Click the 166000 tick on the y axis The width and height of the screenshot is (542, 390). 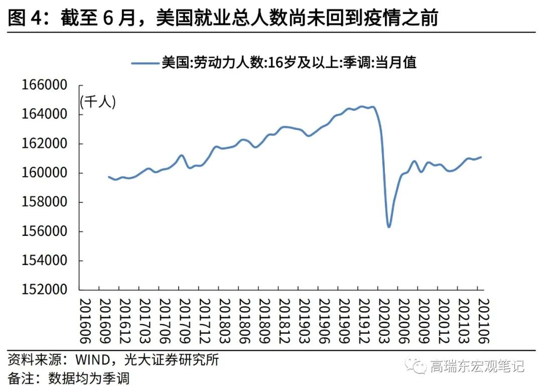click(x=44, y=85)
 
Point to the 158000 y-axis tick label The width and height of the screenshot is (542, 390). click(x=44, y=202)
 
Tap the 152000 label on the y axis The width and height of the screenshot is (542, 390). click(x=44, y=290)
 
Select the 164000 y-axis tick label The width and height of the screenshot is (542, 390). click(x=44, y=114)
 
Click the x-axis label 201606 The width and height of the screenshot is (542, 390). click(x=86, y=321)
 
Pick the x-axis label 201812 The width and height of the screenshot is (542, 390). click(x=285, y=321)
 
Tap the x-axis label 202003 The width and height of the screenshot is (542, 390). click(x=384, y=321)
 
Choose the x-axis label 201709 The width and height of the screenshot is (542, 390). click(x=185, y=321)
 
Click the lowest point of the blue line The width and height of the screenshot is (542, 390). click(x=389, y=227)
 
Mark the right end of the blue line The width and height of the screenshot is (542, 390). click(x=481, y=157)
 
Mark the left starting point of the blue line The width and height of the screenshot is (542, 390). click(x=109, y=177)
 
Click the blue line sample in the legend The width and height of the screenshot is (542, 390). click(x=145, y=63)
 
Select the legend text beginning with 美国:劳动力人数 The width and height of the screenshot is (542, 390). click(x=289, y=63)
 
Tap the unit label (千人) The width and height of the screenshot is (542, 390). click(x=98, y=102)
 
